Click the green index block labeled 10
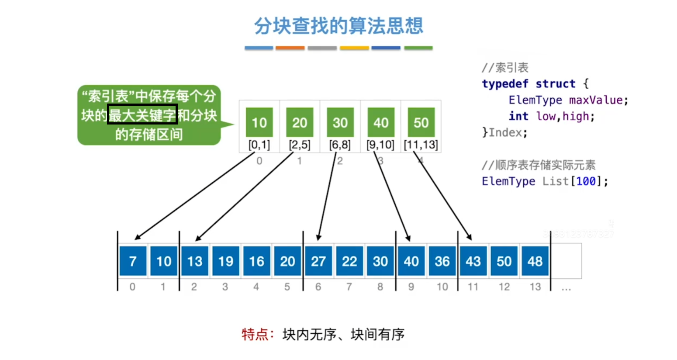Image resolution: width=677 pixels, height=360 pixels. tap(259, 122)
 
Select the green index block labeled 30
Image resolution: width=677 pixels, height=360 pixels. tap(340, 122)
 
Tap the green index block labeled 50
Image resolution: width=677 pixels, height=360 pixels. tap(421, 122)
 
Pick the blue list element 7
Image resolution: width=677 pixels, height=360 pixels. tap(133, 261)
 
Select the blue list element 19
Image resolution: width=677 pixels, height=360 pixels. tap(226, 261)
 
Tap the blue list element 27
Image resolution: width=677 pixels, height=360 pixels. tap(318, 261)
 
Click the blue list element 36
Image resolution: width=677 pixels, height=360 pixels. tap(442, 261)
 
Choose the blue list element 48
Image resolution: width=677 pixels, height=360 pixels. tap(535, 261)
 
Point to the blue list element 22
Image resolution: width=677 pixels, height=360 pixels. tap(349, 261)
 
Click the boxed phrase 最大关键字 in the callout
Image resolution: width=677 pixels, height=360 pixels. tap(142, 114)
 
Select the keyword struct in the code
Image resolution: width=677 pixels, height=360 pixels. tap(555, 83)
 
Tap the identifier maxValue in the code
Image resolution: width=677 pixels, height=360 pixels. tap(595, 100)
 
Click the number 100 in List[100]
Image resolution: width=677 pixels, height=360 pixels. tap(586, 181)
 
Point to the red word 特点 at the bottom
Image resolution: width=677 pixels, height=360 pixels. tap(255, 334)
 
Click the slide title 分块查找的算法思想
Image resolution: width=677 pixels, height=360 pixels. tap(338, 26)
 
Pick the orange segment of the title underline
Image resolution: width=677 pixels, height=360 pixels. tap(290, 48)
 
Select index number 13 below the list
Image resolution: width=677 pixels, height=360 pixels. tap(535, 287)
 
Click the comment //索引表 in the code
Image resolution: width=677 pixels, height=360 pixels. tap(505, 68)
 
